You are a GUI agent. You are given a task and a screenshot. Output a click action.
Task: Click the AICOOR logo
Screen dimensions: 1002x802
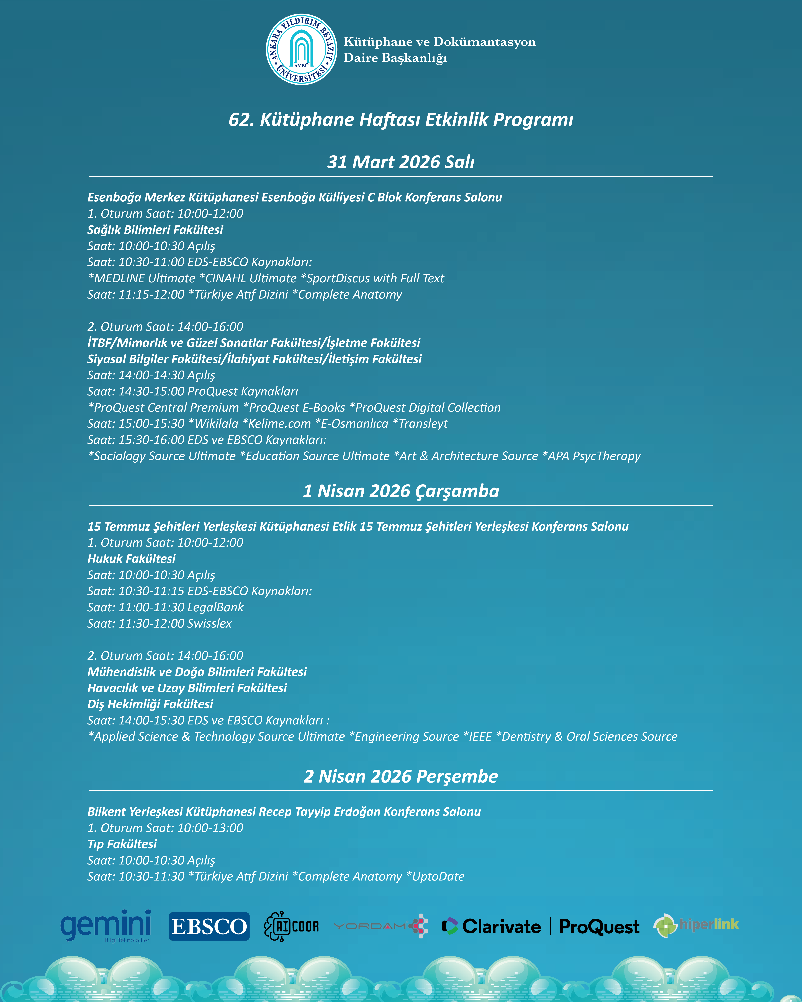292,926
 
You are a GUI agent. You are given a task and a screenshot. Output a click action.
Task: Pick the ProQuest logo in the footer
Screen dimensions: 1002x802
599,926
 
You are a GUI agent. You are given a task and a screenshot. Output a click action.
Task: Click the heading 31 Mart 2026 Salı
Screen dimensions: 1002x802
401,162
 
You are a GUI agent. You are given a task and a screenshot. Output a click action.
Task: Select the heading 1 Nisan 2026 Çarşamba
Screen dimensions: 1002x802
401,491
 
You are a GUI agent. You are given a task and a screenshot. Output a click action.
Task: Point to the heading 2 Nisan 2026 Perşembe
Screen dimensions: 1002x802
401,776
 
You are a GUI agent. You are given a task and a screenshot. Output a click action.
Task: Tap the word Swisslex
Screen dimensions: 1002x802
209,623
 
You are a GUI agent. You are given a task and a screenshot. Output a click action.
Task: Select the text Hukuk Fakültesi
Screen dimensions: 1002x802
132,559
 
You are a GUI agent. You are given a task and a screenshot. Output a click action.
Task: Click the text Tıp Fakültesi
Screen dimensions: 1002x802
122,844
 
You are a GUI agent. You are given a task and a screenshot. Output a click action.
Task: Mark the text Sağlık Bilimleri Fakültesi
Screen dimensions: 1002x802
155,230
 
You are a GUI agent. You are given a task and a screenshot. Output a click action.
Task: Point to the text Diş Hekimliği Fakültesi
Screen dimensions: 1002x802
150,704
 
